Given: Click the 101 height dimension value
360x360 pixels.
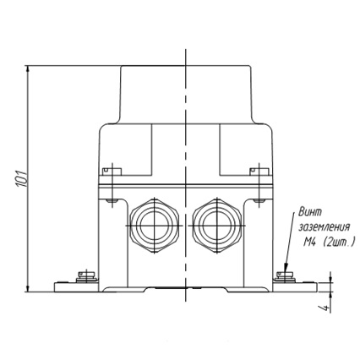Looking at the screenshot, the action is click(22, 178).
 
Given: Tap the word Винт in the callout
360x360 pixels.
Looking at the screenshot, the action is click(310, 212).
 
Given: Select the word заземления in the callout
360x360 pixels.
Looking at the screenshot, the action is click(325, 227).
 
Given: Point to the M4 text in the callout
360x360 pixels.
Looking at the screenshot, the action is click(310, 242).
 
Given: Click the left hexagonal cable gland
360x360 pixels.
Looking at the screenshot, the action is click(155, 226).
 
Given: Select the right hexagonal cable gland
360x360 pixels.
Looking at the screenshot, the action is click(217, 226).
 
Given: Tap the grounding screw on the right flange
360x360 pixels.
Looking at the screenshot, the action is click(285, 276).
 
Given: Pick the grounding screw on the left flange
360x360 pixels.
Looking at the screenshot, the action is click(87, 276).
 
